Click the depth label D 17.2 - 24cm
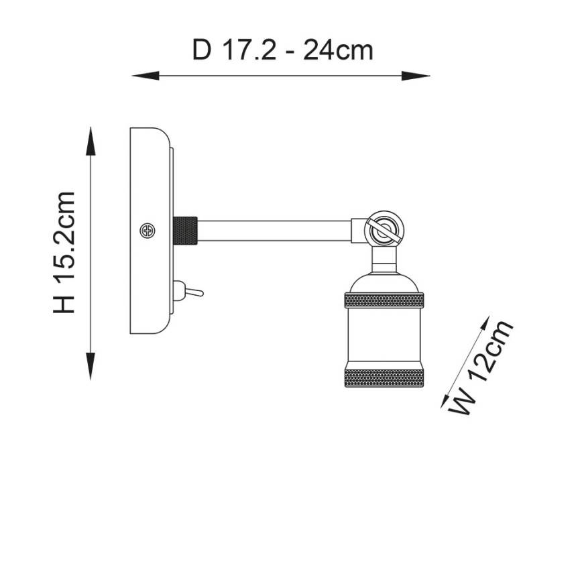282,51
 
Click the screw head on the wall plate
148,231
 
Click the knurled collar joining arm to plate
185,231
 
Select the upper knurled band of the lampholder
384,300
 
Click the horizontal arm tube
275,231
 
